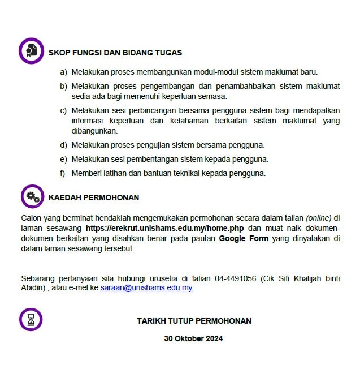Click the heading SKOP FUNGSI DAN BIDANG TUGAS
[115, 53]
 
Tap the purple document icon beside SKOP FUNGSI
[31, 50]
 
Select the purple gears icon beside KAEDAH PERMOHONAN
[32, 197]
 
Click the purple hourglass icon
[31, 320]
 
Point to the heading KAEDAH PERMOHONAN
[94, 197]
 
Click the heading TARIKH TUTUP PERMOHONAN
[194, 321]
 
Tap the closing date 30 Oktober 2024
[194, 338]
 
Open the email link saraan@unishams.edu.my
[146, 287]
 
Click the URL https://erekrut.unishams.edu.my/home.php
[165, 228]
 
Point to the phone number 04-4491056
[236, 278]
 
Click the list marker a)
[63, 72]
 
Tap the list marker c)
[63, 110]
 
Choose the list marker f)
[63, 173]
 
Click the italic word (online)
[319, 217]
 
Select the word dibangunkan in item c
[94, 131]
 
